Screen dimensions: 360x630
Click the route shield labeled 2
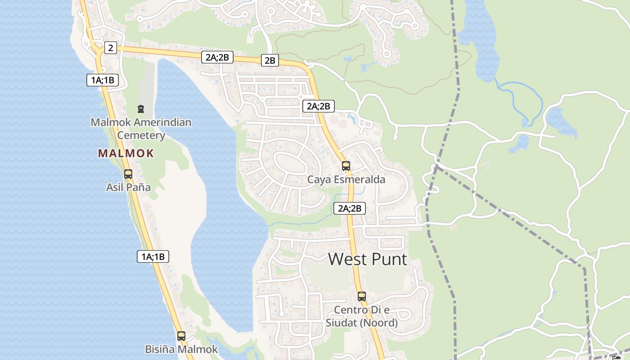[x=111, y=48]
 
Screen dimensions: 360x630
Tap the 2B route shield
[x=270, y=60]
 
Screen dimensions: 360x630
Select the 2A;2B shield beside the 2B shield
[x=217, y=57]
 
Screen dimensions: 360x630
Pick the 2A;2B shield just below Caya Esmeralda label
[x=350, y=208]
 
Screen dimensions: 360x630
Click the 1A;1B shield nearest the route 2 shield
[x=103, y=81]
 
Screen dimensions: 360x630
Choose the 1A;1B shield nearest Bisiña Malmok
[x=153, y=257]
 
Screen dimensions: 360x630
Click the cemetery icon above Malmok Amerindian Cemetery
[x=141, y=109]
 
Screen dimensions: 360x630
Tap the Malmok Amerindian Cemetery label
[x=141, y=129]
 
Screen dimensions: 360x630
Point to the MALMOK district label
[x=126, y=153]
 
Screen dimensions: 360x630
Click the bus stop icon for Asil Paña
[x=128, y=174]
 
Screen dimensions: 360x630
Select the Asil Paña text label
[x=128, y=187]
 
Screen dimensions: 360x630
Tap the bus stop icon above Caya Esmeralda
[x=346, y=166]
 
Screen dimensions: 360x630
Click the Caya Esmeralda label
[x=346, y=180]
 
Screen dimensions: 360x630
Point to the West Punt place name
[x=368, y=259]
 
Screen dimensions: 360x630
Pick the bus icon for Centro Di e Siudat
[x=362, y=297]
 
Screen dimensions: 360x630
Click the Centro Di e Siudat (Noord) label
[x=362, y=316]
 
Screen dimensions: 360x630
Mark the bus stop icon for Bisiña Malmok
[x=181, y=336]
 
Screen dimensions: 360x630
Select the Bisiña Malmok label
[x=181, y=349]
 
